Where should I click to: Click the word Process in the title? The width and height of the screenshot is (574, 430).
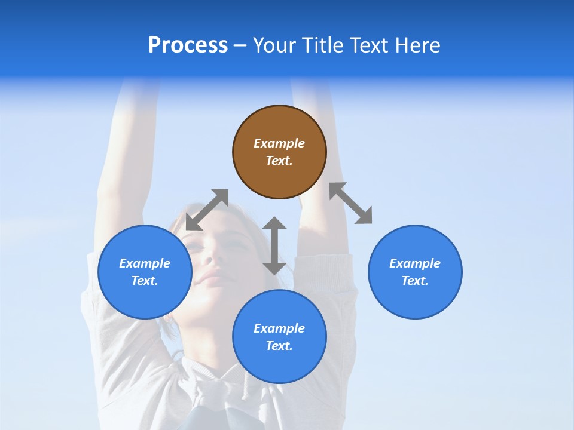tap(188, 45)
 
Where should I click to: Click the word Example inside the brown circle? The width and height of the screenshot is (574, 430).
tap(279, 143)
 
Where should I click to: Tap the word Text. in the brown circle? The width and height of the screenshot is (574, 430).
tap(279, 161)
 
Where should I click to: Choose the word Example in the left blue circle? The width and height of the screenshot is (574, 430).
tap(145, 263)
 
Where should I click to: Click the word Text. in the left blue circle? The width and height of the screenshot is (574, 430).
tap(145, 281)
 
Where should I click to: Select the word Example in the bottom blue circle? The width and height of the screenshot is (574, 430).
tap(279, 328)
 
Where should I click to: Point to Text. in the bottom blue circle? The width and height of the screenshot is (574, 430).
tap(279, 346)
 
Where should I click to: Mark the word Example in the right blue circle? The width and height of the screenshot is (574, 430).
tap(415, 263)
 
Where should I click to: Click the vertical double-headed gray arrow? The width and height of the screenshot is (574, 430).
tap(274, 245)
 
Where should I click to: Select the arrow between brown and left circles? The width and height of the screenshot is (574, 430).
tap(207, 210)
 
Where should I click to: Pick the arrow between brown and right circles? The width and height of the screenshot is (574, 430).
tap(351, 203)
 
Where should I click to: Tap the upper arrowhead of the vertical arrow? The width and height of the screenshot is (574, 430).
tap(274, 223)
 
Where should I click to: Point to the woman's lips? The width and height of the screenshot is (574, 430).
tap(209, 278)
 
